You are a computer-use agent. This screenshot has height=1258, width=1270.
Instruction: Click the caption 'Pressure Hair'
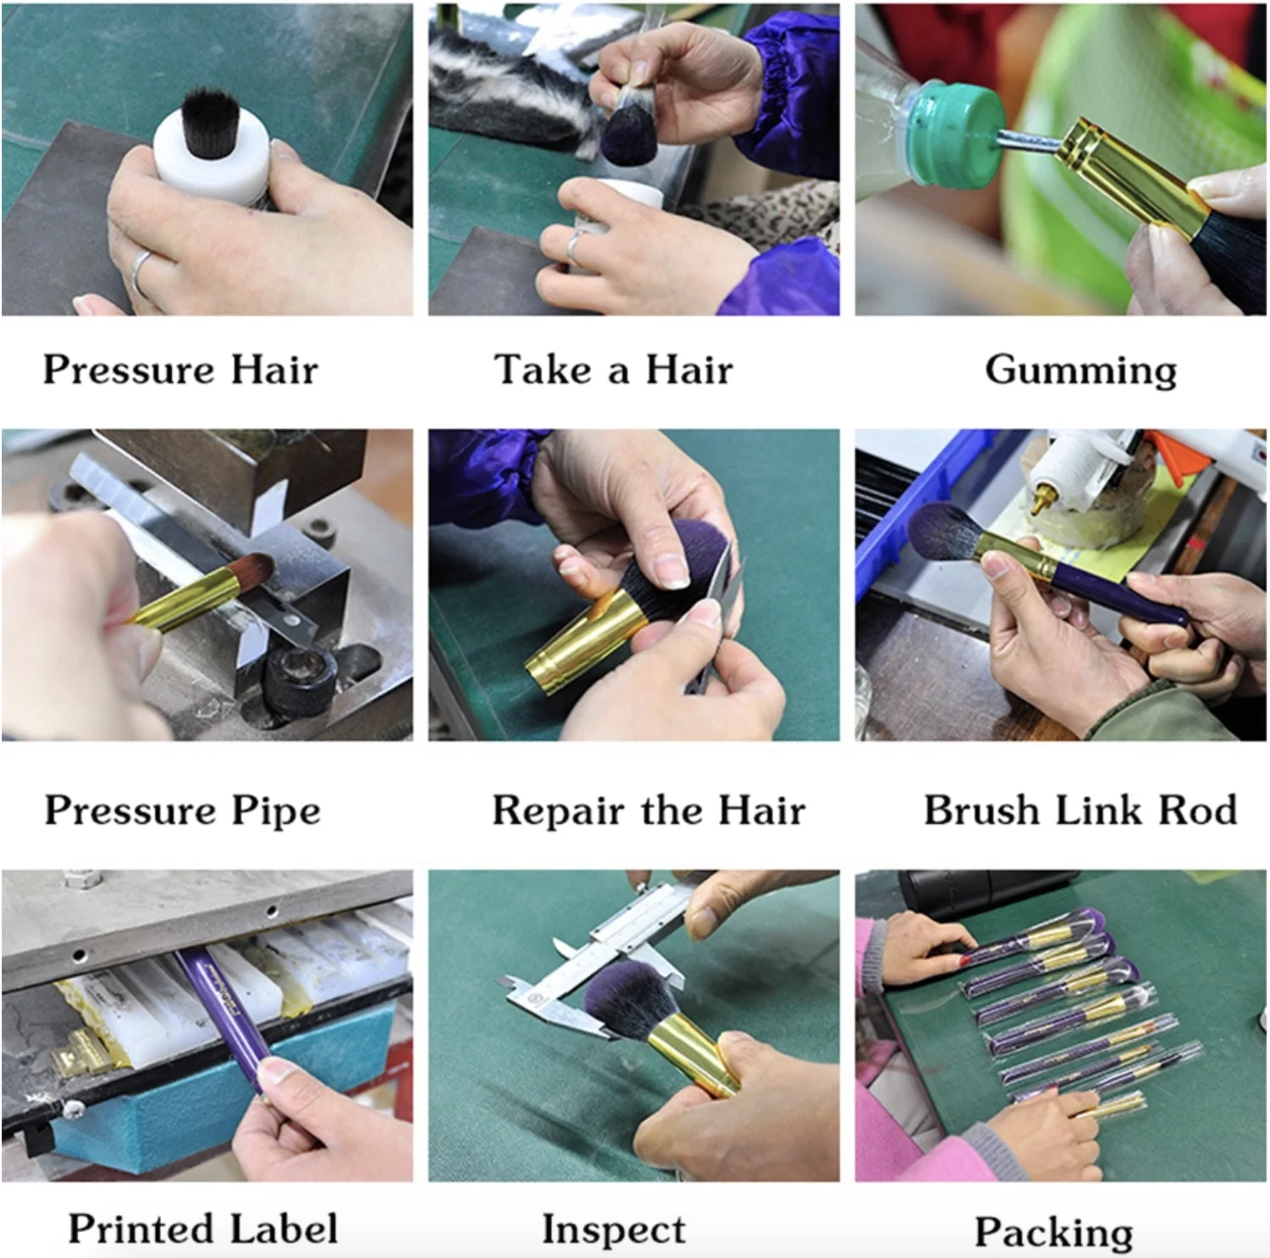(180, 370)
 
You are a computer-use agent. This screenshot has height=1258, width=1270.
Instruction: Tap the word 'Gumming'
(1081, 371)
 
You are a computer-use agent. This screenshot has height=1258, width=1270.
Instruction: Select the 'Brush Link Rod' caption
(1080, 810)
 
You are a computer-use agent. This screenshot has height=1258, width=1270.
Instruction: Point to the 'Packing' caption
(1054, 1233)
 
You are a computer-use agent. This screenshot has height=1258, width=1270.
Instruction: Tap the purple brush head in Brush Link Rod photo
(942, 533)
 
